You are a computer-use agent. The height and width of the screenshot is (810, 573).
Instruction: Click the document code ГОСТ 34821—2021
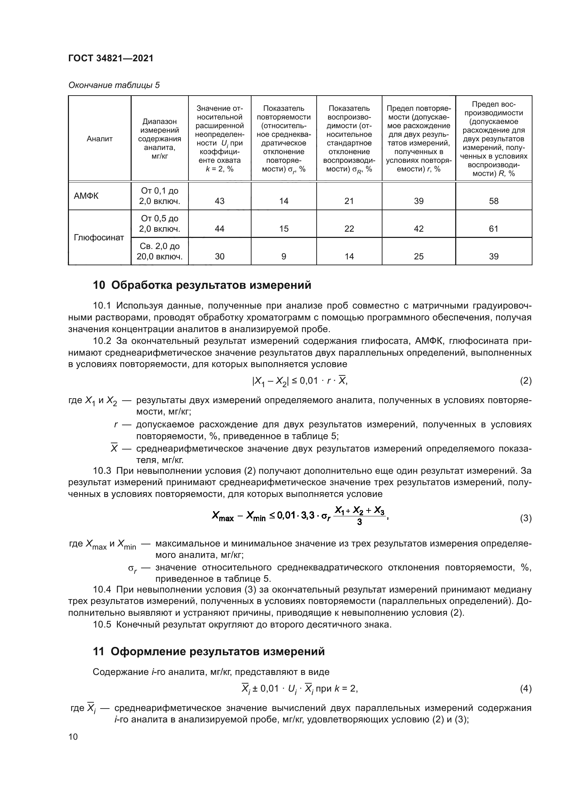coord(111,58)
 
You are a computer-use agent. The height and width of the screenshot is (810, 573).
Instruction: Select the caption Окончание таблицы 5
coord(114,85)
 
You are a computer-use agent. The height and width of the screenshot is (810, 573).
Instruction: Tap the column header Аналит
coord(99,139)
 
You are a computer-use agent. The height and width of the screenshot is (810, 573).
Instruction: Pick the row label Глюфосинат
coord(99,238)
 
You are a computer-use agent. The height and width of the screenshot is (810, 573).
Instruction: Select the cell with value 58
coord(494,201)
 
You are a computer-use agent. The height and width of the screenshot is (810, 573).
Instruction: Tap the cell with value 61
coord(494,229)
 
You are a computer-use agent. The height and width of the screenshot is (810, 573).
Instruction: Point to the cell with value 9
coord(284,257)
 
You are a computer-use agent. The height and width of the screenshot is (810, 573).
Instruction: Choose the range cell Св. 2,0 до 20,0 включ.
coord(159,251)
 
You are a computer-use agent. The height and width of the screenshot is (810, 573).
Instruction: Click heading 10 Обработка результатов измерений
coord(202,285)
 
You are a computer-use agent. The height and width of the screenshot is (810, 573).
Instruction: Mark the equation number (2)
coord(526,381)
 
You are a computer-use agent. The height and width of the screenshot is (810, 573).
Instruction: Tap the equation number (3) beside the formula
coord(526,518)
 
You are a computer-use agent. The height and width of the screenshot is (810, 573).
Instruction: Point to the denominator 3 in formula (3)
coord(359,523)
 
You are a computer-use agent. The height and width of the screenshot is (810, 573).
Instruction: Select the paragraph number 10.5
coord(102,624)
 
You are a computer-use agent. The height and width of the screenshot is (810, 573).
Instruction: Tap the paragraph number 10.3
coord(102,471)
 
